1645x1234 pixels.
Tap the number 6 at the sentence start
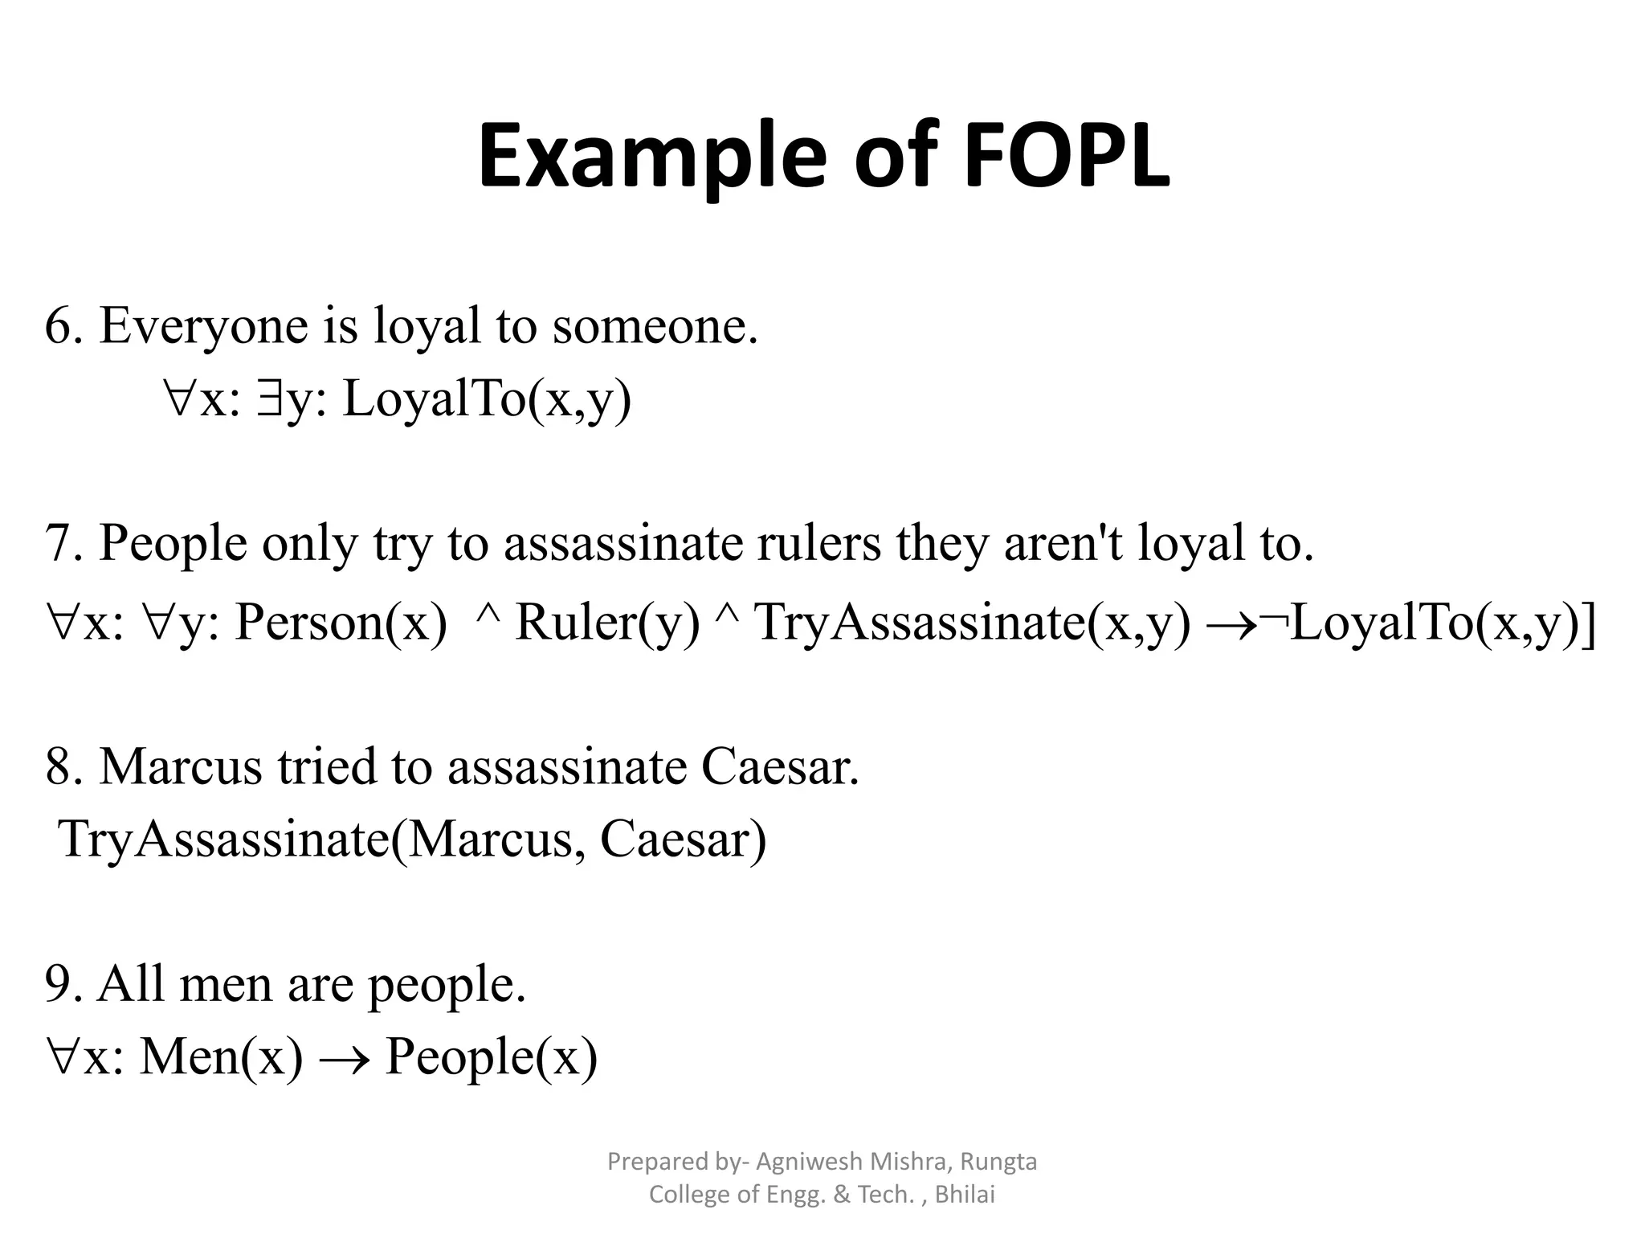click(59, 326)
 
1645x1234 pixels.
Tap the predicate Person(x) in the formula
click(341, 623)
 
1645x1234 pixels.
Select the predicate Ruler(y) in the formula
click(607, 623)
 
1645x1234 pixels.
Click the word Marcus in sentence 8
click(181, 766)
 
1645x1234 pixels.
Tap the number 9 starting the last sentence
click(59, 983)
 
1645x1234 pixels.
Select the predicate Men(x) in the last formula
click(221, 1056)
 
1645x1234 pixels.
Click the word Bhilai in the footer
click(965, 1195)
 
